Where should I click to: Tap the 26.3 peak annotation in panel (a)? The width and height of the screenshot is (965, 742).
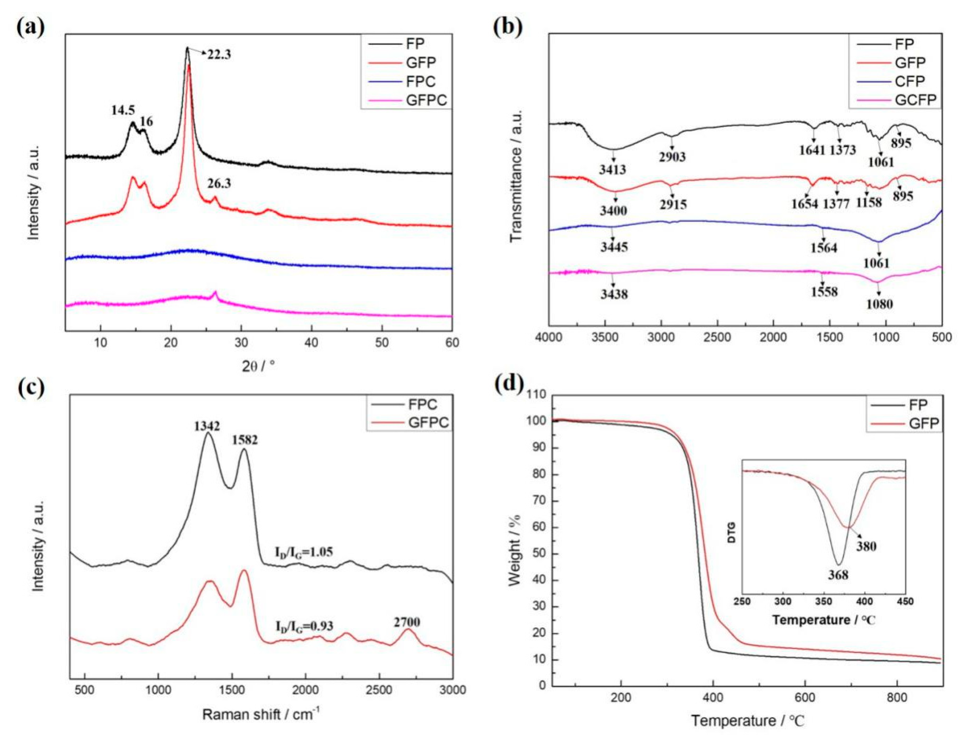click(x=219, y=183)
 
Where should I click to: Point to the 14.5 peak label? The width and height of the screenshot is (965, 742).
click(x=123, y=110)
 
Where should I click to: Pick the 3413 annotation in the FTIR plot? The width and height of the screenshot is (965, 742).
click(x=613, y=169)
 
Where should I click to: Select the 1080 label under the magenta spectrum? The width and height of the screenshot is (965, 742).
click(x=879, y=304)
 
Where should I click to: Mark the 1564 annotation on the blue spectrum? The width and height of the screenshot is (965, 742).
click(x=824, y=248)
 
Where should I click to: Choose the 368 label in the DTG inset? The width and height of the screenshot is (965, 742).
click(x=838, y=587)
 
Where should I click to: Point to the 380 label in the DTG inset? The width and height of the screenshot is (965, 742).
click(x=866, y=546)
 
